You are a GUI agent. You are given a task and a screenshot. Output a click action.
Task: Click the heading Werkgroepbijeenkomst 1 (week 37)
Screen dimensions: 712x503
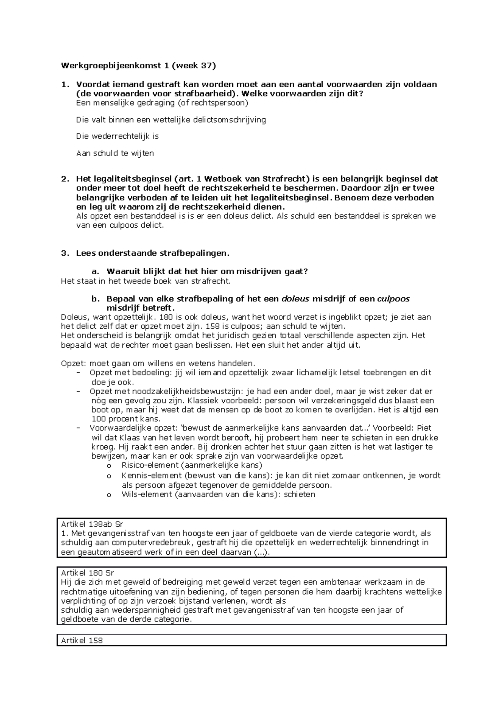138,65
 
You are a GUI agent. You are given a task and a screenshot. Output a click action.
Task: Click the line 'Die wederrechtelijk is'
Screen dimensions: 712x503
117,136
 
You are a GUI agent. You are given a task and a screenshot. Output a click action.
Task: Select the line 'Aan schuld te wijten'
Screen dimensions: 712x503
115,153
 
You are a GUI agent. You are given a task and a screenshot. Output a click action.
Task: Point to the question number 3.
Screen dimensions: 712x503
64,253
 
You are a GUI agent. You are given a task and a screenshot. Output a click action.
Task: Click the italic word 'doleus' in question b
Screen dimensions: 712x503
295,299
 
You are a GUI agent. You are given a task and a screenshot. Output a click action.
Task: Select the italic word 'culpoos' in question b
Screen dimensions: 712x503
393,299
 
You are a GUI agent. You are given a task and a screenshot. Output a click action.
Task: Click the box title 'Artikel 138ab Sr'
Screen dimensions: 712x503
92,524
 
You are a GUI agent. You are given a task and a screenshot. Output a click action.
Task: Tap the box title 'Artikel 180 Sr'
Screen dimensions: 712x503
87,573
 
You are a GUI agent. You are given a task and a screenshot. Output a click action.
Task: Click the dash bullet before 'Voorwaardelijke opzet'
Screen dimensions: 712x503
78,428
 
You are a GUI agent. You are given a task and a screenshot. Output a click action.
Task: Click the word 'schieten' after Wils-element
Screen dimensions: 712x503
299,494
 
